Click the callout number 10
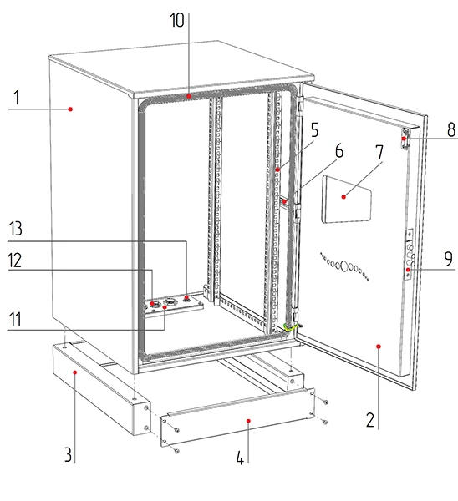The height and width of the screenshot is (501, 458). click(x=177, y=20)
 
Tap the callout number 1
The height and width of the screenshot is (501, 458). click(x=17, y=98)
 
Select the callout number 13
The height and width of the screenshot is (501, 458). click(x=15, y=229)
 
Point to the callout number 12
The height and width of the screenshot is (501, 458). click(x=15, y=260)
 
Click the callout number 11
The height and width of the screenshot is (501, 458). click(x=15, y=319)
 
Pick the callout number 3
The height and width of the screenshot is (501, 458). click(x=68, y=454)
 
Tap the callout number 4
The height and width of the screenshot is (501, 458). click(x=240, y=458)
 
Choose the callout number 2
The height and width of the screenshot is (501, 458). click(x=370, y=420)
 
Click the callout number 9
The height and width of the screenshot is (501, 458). click(x=449, y=259)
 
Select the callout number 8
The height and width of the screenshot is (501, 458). click(x=451, y=129)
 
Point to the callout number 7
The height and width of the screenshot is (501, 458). click(x=379, y=153)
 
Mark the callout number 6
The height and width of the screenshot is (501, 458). click(x=339, y=150)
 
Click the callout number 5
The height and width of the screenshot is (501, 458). click(x=315, y=130)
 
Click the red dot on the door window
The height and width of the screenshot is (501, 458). click(x=343, y=197)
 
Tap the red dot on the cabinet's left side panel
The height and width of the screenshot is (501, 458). click(x=70, y=109)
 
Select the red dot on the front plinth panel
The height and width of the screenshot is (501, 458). click(x=248, y=421)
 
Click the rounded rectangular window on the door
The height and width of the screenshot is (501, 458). click(x=347, y=199)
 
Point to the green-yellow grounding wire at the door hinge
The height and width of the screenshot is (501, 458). click(x=291, y=327)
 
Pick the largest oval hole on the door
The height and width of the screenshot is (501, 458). click(x=344, y=266)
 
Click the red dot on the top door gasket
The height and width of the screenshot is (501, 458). click(x=189, y=95)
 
